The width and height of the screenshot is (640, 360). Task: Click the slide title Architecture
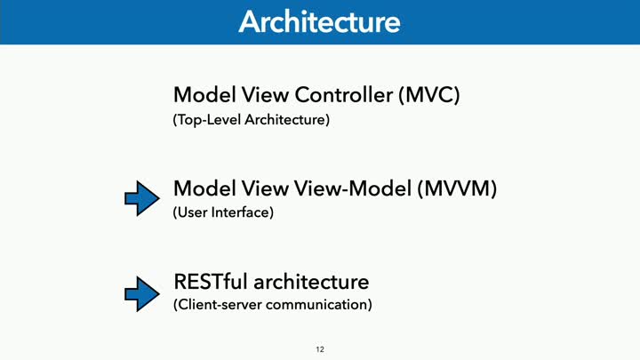(x=320, y=21)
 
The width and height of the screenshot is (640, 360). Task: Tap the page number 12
(x=320, y=349)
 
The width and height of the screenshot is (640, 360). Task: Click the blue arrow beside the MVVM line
(x=142, y=198)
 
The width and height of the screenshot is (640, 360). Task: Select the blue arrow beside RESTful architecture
(x=142, y=294)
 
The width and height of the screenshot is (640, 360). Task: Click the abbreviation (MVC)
(x=429, y=95)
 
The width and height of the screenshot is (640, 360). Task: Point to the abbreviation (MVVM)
(x=457, y=189)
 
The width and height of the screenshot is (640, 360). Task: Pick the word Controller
(x=344, y=95)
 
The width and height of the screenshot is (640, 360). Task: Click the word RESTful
(x=211, y=282)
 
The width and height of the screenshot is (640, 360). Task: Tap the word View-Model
(x=353, y=188)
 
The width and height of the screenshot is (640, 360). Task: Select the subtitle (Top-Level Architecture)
(x=252, y=120)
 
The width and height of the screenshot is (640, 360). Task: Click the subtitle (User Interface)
(x=223, y=212)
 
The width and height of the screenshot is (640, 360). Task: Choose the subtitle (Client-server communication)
(x=273, y=305)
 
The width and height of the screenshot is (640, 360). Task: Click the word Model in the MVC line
(x=205, y=95)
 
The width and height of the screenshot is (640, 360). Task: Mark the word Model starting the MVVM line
(x=205, y=188)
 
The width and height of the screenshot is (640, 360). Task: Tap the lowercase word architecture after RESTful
(x=311, y=282)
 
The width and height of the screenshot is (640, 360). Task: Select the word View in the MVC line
(x=265, y=95)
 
